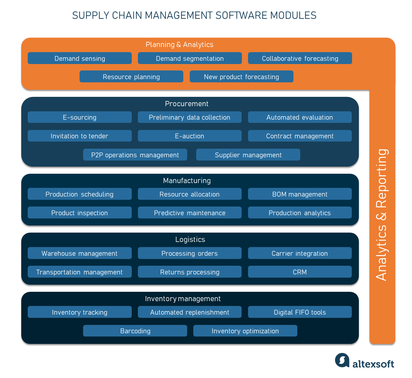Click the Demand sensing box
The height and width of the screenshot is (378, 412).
pos(80,58)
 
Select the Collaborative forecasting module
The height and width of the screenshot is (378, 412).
pos(300,58)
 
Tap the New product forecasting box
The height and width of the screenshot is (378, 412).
pos(241,77)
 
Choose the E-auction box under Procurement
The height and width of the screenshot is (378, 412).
pos(189,136)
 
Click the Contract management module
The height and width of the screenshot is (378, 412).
pos(300,136)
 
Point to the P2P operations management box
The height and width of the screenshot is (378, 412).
pos(135,155)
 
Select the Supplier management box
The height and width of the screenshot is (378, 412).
pos(248,155)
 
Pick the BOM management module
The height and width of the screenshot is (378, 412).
pos(300,194)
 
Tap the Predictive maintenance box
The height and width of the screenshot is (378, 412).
pos(189,213)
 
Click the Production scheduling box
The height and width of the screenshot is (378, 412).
pos(80,194)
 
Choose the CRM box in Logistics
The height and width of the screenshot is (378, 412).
pos(300,272)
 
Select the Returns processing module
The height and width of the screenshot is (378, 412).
pos(189,272)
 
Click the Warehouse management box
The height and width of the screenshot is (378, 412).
pos(80,253)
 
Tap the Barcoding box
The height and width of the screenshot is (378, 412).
pos(135,331)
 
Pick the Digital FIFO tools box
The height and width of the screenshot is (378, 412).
pos(300,312)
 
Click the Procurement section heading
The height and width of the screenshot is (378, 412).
pos(187,104)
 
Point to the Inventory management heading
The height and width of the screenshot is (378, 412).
pos(183,299)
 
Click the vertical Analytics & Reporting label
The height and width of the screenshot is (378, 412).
pos(382,215)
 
